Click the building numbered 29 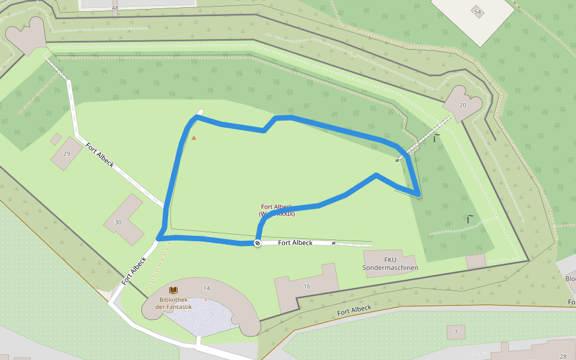coord(67,154)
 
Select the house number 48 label coord(115,8)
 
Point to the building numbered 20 coord(462,105)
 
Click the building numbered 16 coord(307,286)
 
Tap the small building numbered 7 coord(455,332)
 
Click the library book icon coord(173,290)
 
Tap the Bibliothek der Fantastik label coord(173,303)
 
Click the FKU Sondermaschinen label coord(391,264)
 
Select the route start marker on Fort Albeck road coord(257,243)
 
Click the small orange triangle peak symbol coord(193,138)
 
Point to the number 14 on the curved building coord(206,289)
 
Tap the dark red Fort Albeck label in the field coord(277,210)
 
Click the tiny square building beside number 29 coord(56,139)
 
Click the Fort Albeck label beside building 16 coord(354,310)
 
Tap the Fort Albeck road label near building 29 coord(100,155)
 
